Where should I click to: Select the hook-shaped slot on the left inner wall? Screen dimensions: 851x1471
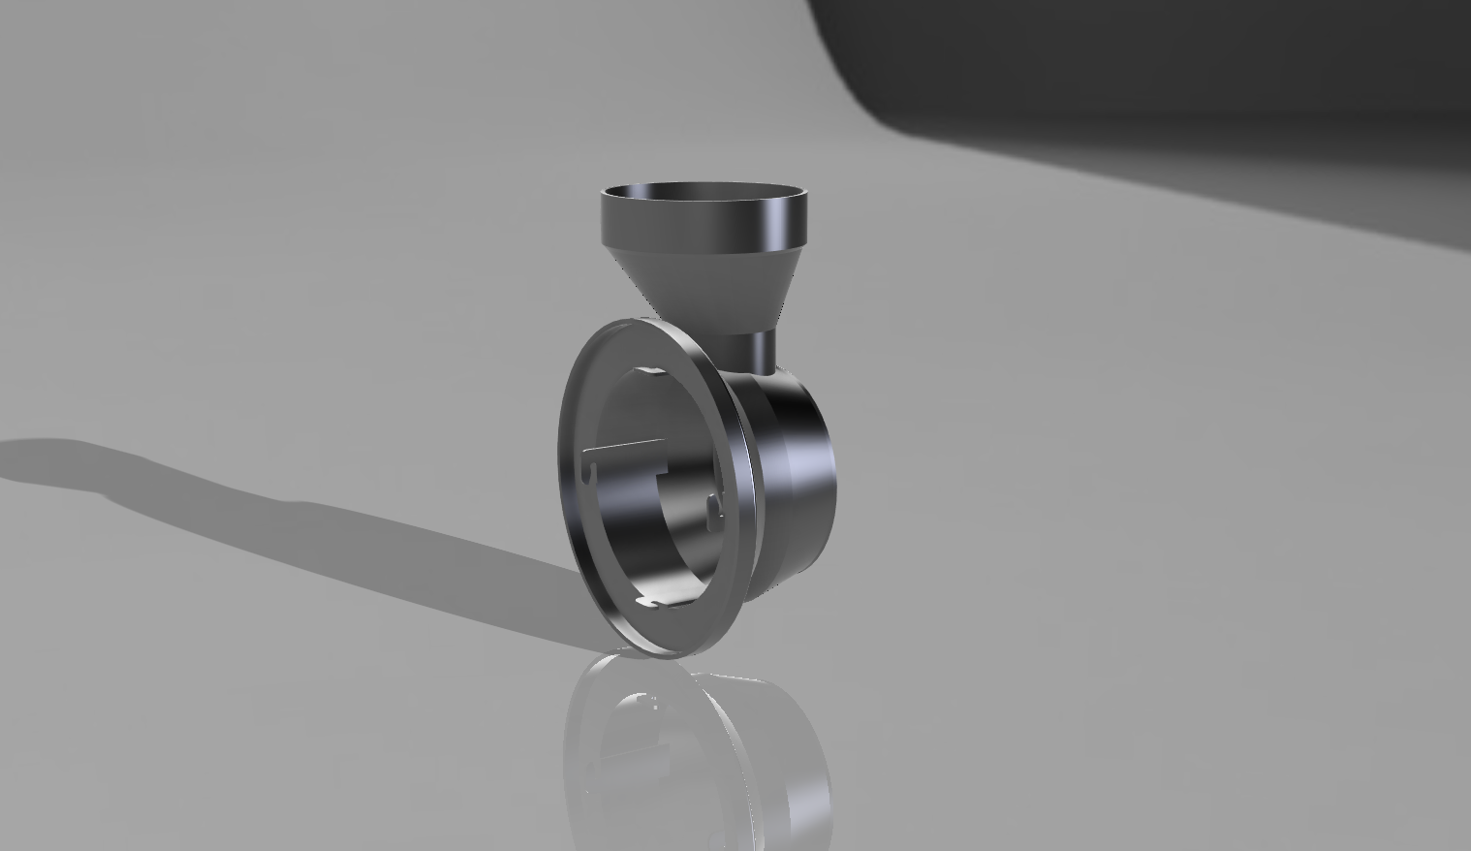590,472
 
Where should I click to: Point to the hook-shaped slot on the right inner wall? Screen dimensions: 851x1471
715,503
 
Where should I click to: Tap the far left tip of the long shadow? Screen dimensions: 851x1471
10,456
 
